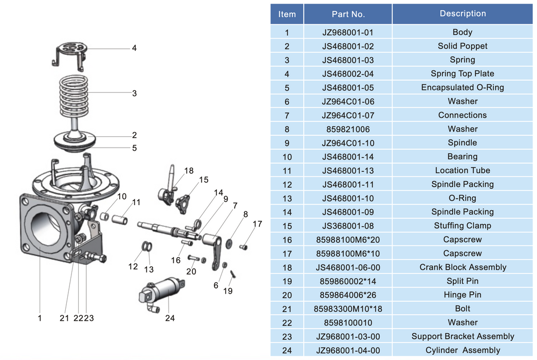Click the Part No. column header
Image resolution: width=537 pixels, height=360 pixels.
348,14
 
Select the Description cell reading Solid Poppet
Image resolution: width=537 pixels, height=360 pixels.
462,46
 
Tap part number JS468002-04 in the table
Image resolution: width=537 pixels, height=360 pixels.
348,74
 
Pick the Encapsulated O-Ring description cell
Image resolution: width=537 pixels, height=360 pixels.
462,87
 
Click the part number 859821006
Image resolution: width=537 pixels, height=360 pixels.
348,129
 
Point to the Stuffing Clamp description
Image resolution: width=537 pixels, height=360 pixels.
462,226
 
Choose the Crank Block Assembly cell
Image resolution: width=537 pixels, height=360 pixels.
462,267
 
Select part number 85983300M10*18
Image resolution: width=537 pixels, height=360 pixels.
348,309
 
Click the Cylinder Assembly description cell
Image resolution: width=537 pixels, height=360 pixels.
462,351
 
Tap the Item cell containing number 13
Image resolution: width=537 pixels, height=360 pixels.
287,198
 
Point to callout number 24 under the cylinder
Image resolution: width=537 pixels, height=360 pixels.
170,318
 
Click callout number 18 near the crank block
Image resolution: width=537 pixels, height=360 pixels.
189,171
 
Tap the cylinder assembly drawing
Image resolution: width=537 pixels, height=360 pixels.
162,293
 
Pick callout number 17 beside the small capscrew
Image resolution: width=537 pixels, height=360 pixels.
257,224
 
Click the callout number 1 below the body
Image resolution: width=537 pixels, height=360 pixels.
40,318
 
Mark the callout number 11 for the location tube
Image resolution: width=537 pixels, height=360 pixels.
136,202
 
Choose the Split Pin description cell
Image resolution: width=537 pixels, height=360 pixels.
462,281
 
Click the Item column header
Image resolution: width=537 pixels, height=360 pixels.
287,14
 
